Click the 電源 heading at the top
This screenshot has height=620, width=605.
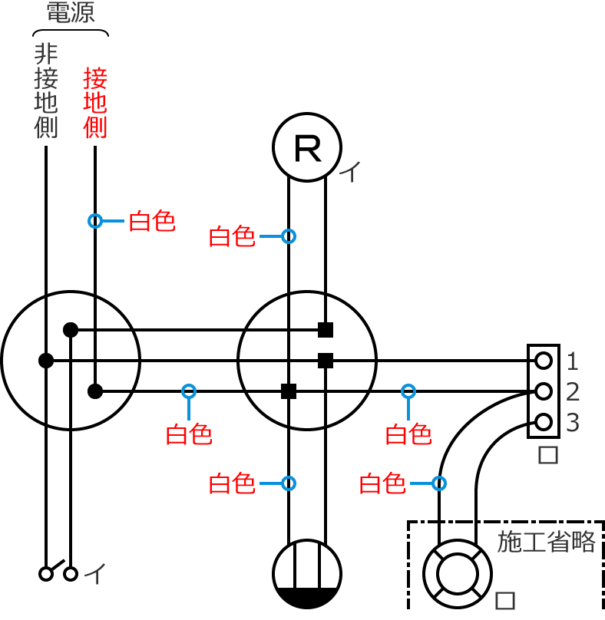point(71,13)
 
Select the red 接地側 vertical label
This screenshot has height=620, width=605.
point(95,104)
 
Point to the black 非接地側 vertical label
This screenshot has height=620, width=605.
point(46,91)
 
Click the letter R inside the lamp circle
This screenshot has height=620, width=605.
point(308,148)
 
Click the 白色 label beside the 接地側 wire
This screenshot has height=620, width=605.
point(152,222)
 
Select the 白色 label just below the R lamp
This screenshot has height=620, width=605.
point(232,236)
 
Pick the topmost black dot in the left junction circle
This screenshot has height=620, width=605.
point(71,330)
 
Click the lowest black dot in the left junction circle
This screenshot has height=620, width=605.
point(95,391)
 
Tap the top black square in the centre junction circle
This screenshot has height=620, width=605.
point(326,330)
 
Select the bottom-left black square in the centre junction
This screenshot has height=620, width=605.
point(289,391)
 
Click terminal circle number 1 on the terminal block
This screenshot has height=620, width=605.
point(544,360)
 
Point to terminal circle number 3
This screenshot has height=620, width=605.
point(544,422)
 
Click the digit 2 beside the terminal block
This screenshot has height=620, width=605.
point(573,391)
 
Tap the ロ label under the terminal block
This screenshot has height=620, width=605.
point(547,455)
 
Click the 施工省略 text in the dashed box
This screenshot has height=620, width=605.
point(547,542)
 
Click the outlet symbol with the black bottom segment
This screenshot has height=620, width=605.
point(307,574)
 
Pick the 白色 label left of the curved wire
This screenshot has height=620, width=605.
point(382,483)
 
